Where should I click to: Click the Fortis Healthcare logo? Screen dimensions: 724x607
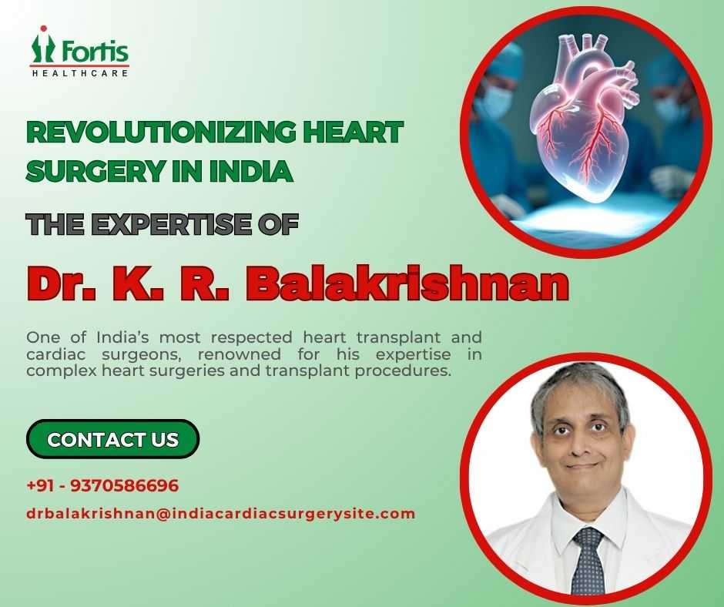click(79, 52)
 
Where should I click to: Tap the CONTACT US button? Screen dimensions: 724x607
click(112, 439)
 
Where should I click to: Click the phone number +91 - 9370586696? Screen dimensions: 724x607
click(102, 485)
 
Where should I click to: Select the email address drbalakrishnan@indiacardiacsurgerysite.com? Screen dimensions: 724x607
click(221, 514)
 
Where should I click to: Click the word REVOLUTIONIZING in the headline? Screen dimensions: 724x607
click(162, 132)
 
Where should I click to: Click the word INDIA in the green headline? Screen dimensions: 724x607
click(251, 170)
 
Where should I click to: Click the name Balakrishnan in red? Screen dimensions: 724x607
click(407, 283)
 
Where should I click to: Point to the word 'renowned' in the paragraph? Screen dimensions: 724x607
click(240, 354)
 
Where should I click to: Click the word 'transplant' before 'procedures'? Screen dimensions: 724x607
click(307, 371)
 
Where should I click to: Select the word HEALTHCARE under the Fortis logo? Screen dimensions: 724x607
click(79, 73)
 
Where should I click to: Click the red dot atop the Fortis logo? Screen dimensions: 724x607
click(43, 29)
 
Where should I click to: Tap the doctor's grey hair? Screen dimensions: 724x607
click(579, 388)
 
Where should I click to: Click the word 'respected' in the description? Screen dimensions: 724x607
click(252, 337)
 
